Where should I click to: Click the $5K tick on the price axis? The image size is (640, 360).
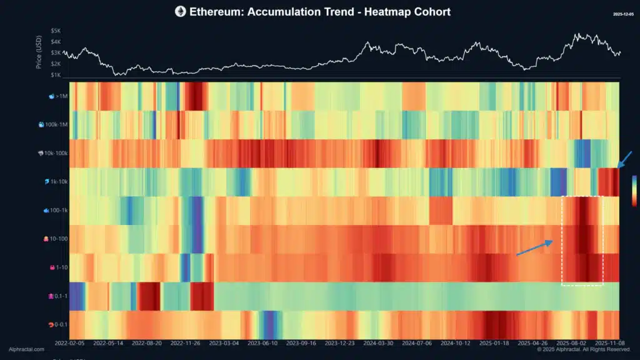(x=56, y=30)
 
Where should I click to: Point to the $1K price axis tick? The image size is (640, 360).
(x=56, y=75)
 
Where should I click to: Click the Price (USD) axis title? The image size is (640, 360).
(x=39, y=52)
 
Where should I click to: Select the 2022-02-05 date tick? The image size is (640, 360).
(x=69, y=343)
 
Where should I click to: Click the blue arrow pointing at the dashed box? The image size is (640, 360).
(x=534, y=247)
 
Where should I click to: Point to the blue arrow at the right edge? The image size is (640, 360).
(x=626, y=159)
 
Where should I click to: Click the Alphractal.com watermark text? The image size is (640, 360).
(x=26, y=349)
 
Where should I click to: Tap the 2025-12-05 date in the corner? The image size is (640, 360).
(x=623, y=13)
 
